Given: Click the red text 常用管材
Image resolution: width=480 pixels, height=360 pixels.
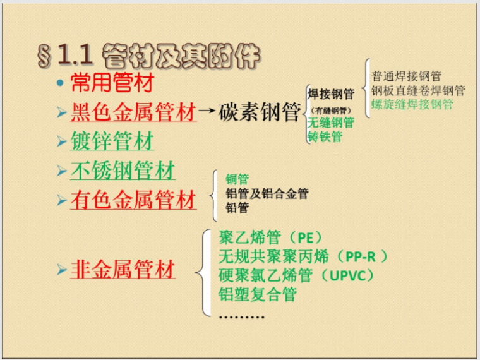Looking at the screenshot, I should [112, 83].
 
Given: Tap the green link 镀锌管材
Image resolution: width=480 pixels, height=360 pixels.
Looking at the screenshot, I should [112, 141].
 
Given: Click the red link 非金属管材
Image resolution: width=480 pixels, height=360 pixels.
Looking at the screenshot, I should [123, 270].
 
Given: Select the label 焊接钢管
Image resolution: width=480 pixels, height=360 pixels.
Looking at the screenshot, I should [330, 94].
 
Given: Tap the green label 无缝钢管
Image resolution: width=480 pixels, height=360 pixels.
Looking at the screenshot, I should [330, 123].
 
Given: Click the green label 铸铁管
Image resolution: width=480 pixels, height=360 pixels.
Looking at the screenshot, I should [325, 136].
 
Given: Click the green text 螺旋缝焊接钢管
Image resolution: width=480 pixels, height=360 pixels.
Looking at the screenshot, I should [412, 104].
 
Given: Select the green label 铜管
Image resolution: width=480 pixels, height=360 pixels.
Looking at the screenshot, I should [237, 180].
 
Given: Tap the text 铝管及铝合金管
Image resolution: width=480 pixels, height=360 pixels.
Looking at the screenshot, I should [267, 194].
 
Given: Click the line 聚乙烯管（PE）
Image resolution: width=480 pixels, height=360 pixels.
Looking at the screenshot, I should [270, 238].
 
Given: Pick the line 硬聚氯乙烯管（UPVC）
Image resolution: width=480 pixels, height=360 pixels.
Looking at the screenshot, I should [296, 275].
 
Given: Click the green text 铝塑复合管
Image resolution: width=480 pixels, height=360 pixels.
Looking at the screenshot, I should [257, 294].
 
